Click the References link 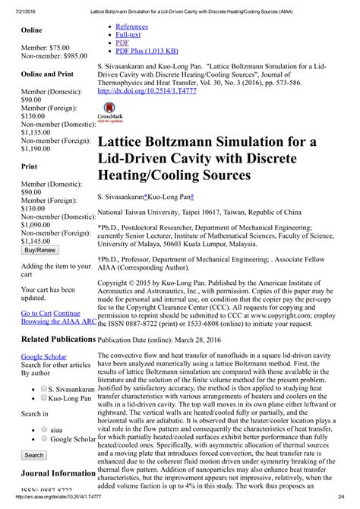point(131,27)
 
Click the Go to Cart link point(36,312)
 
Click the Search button point(34,455)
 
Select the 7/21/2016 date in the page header point(15,6)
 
